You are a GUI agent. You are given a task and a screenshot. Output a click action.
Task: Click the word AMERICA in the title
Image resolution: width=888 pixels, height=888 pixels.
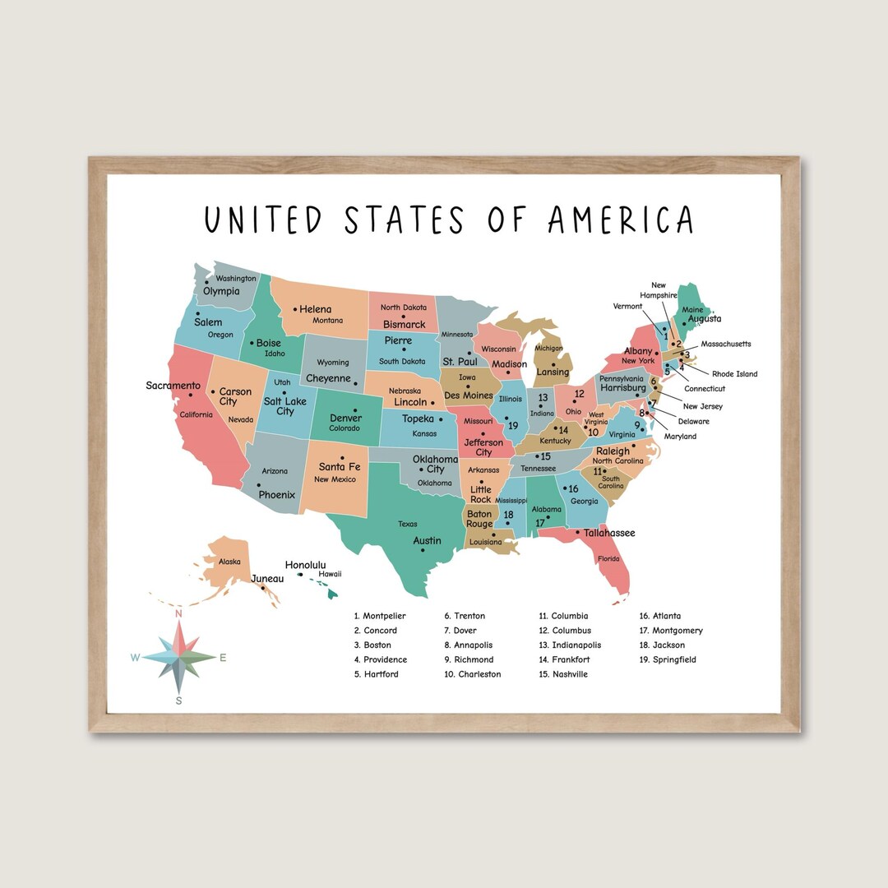click(621, 220)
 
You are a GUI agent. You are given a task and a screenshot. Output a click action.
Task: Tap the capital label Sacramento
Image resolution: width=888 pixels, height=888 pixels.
click(173, 386)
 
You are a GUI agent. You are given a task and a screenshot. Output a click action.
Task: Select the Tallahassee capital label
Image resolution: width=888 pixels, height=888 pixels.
click(609, 533)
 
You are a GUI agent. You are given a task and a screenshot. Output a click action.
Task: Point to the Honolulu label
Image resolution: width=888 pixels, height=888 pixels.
click(306, 565)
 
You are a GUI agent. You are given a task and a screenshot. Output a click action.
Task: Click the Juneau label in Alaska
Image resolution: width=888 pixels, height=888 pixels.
click(267, 578)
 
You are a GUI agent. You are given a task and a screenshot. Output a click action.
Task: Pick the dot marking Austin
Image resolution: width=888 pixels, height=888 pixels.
click(422, 551)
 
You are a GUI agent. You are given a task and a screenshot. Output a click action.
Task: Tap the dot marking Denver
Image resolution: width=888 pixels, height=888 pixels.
click(355, 409)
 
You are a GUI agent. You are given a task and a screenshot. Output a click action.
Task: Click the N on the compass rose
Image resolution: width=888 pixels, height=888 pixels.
click(178, 613)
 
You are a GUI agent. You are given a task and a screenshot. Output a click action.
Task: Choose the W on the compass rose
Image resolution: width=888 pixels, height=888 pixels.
click(135, 657)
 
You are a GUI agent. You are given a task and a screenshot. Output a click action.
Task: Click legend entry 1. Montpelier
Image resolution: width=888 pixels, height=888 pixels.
click(380, 616)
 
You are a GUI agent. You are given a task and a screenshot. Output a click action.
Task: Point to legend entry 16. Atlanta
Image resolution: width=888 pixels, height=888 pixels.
click(660, 616)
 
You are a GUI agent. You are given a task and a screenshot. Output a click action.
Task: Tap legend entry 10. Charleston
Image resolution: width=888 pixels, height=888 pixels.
click(473, 674)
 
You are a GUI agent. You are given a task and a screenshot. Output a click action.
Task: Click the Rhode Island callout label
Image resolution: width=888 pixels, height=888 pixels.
click(734, 374)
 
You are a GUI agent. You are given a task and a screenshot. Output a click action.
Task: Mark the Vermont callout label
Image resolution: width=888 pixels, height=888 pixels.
click(627, 307)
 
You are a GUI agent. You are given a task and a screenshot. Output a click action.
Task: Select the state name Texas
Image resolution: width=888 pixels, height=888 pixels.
click(408, 524)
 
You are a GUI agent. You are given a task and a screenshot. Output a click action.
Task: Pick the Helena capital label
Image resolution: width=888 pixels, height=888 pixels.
click(316, 309)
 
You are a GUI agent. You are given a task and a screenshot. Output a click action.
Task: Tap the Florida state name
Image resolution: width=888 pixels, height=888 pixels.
click(608, 559)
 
